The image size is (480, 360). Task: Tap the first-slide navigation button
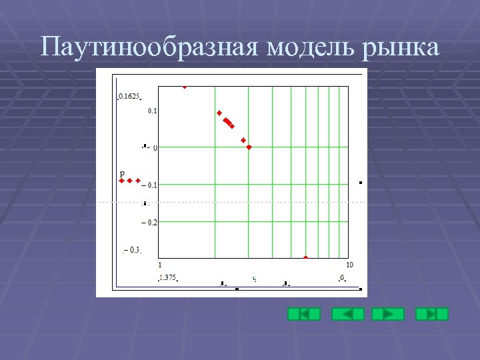[x=303, y=313]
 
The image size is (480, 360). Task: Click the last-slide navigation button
[x=432, y=313]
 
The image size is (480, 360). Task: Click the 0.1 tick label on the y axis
[x=152, y=111]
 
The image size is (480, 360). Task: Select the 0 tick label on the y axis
[x=155, y=147]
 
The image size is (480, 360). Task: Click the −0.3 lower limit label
[x=132, y=251]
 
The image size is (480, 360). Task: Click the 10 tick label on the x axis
[x=349, y=265]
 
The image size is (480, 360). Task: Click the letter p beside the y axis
[x=122, y=173]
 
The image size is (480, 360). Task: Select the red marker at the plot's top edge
[x=185, y=86]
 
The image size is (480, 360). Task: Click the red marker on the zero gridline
[x=249, y=147]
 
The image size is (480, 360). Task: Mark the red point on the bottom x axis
[x=306, y=257]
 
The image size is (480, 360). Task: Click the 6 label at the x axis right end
[x=342, y=277]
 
